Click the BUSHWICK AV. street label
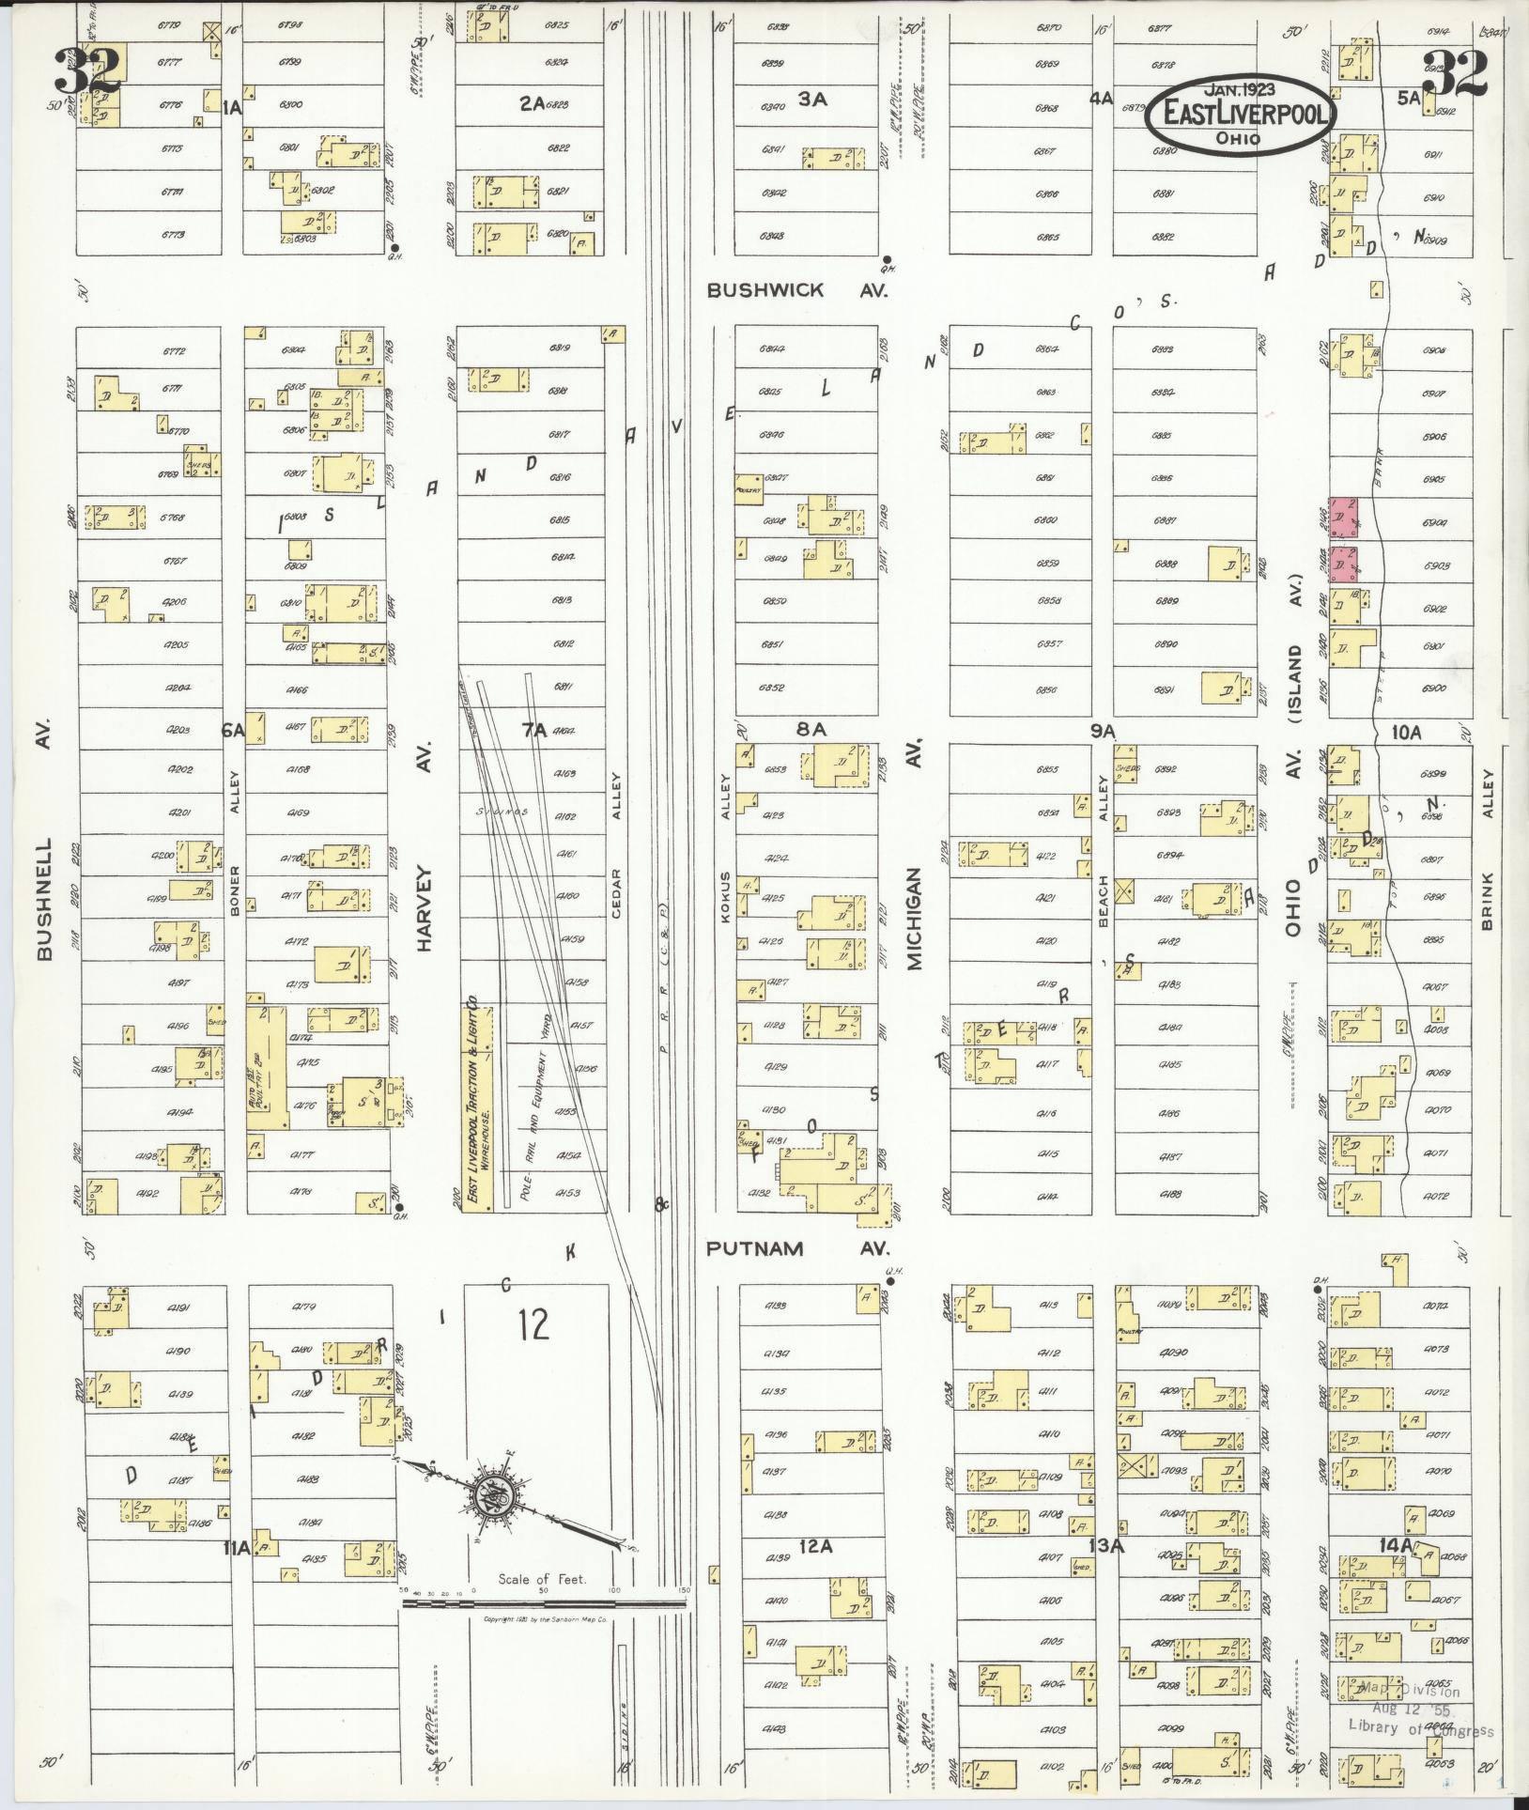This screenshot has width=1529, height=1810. point(796,291)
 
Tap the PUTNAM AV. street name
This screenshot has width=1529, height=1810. point(796,1249)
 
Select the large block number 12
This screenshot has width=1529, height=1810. point(533,1324)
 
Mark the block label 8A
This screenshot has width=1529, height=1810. point(810,730)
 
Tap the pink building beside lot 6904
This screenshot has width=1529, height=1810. point(1343,518)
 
